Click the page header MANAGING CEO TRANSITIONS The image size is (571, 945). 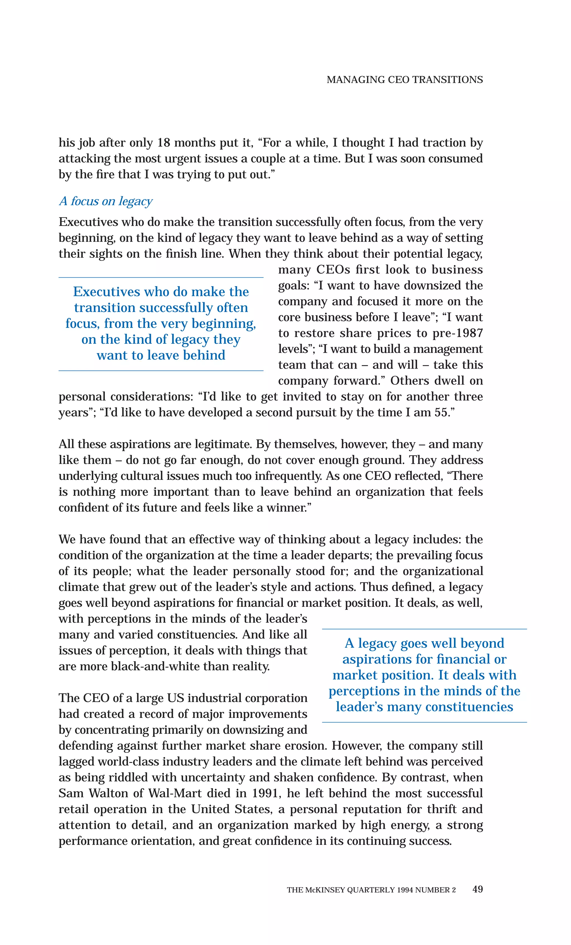pyautogui.click(x=404, y=80)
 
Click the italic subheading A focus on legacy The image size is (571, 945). pyautogui.click(x=105, y=201)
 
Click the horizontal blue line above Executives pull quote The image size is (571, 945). pyautogui.click(x=161, y=277)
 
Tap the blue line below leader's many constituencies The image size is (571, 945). pyautogui.click(x=424, y=722)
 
